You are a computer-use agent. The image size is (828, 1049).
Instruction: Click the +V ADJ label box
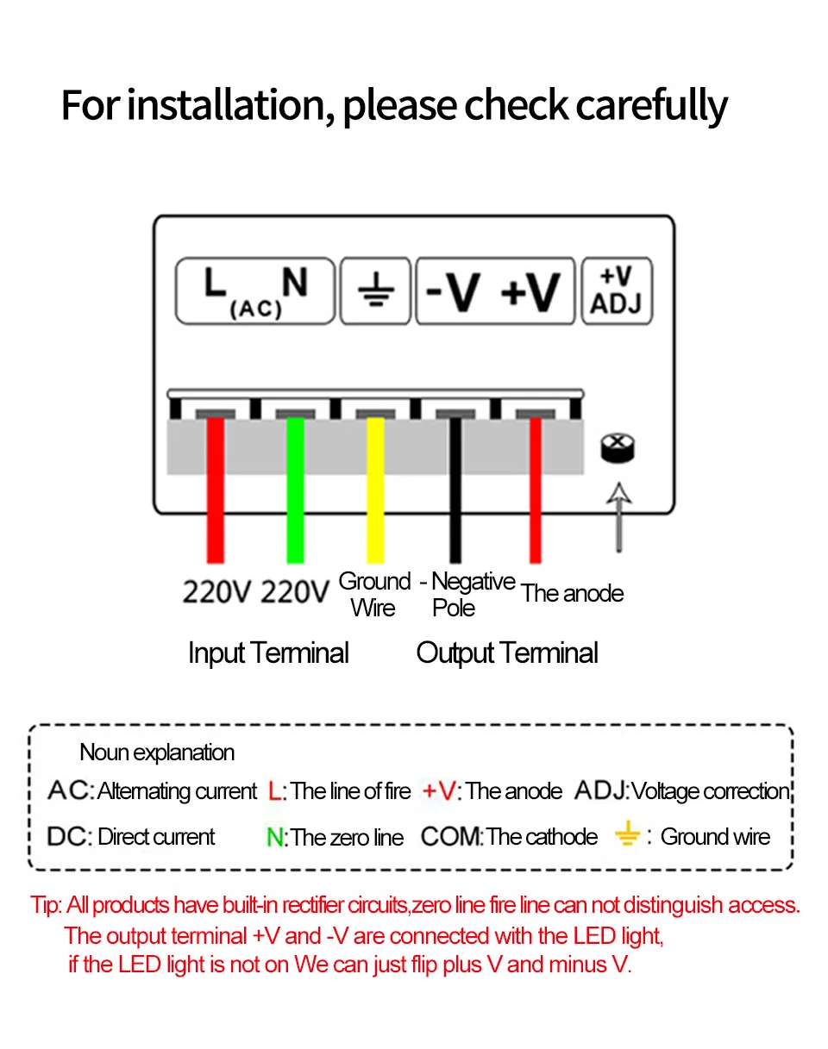pos(617,290)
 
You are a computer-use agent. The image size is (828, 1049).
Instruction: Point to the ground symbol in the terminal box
pos(375,291)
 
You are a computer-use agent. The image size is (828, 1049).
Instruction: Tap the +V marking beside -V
pos(530,292)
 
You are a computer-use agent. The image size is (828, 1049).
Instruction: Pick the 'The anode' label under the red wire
pos(572,593)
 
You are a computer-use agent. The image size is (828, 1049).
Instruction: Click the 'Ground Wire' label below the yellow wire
pos(373,595)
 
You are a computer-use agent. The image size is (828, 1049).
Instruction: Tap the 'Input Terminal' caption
pos(268,653)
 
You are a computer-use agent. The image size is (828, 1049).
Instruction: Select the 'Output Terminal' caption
pos(507,653)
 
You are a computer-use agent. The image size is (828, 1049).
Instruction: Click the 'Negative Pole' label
pos(469,595)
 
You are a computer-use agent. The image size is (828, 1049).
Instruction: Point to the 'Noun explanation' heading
pos(157,752)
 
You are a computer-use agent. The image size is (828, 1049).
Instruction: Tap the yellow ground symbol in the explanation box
pos(627,834)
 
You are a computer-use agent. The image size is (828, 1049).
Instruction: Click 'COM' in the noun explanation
pos(450,837)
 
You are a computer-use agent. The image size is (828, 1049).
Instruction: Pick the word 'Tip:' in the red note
pos(47,905)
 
